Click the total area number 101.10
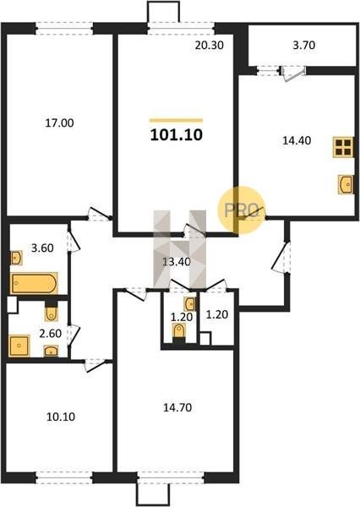pyautogui.click(x=177, y=135)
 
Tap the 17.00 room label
pyautogui.click(x=59, y=123)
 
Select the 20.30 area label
pyautogui.click(x=210, y=46)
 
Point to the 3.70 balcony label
pyautogui.click(x=303, y=45)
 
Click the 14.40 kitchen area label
pyautogui.click(x=297, y=140)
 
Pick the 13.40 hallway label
pyautogui.click(x=177, y=262)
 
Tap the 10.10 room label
pyautogui.click(x=61, y=417)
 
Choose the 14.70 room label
pyautogui.click(x=177, y=407)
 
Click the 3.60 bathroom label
pyautogui.click(x=42, y=248)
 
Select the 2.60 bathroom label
pyautogui.click(x=50, y=333)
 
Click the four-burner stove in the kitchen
pyautogui.click(x=343, y=147)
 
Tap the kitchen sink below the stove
pyautogui.click(x=346, y=184)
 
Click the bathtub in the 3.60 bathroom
pyautogui.click(x=34, y=283)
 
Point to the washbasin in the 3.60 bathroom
pyautogui.click(x=16, y=258)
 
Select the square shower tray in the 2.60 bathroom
pyautogui.click(x=19, y=346)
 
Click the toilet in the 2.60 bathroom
pyautogui.click(x=51, y=313)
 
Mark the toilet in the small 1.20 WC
pyautogui.click(x=179, y=333)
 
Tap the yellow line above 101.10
pyautogui.click(x=177, y=121)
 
